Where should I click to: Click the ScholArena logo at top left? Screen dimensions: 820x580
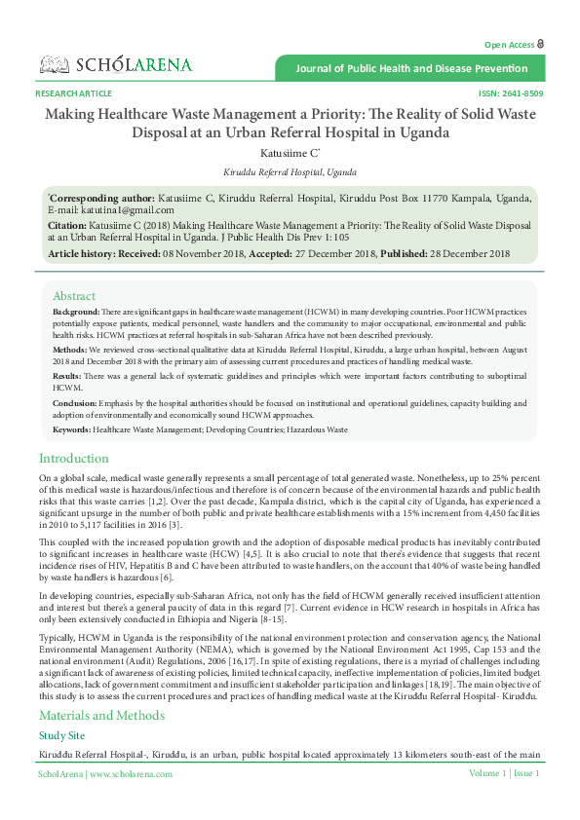(x=116, y=64)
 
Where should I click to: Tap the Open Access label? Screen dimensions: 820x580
(x=509, y=45)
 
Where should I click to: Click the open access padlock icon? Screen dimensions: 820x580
(x=541, y=44)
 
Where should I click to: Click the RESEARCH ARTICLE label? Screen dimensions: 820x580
(x=73, y=93)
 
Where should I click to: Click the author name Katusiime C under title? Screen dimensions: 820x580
(x=289, y=153)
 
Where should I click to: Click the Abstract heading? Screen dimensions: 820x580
(x=74, y=296)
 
